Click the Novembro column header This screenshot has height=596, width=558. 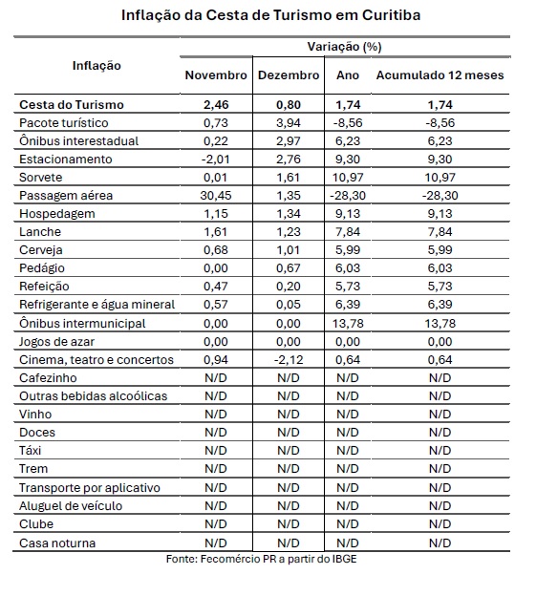(216, 75)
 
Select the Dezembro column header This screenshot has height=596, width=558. (289, 75)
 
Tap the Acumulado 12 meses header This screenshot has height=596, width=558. (440, 75)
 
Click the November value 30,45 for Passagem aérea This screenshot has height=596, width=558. (216, 196)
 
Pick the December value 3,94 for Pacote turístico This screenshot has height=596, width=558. (289, 123)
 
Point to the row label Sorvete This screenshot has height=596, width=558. (41, 178)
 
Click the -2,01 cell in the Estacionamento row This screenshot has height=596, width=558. (216, 159)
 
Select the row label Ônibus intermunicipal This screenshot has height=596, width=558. (82, 323)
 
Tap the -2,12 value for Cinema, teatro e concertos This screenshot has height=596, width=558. (289, 359)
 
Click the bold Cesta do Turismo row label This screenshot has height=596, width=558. (72, 104)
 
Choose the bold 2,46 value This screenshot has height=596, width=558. (216, 104)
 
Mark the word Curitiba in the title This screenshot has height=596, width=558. (391, 15)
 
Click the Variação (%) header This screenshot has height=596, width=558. (344, 47)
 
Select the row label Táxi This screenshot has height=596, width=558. (30, 451)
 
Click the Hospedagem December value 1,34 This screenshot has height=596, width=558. (289, 214)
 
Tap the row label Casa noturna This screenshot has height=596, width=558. (57, 543)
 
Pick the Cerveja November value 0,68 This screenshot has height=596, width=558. (216, 250)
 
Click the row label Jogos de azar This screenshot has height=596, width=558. (56, 341)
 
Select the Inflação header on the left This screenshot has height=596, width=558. (97, 66)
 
